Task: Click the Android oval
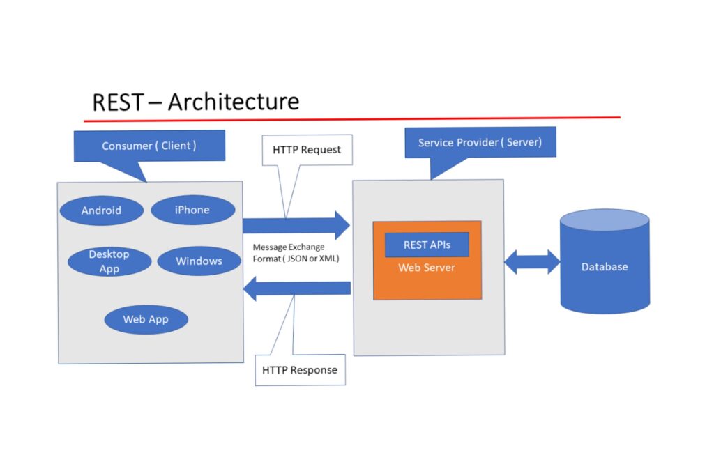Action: pyautogui.click(x=101, y=210)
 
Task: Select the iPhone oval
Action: pyautogui.click(x=192, y=210)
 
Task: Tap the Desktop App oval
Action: pyautogui.click(x=109, y=261)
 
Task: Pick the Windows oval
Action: pyautogui.click(x=199, y=261)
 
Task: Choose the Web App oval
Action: pyautogui.click(x=146, y=319)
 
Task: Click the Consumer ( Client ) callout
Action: pyautogui.click(x=149, y=146)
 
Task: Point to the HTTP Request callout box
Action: pyautogui.click(x=307, y=150)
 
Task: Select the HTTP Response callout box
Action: pyautogui.click(x=300, y=370)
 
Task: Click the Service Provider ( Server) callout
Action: pyautogui.click(x=480, y=143)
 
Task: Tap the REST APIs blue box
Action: pyautogui.click(x=427, y=245)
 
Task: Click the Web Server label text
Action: pyautogui.click(x=427, y=268)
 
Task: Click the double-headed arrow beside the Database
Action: pyautogui.click(x=532, y=262)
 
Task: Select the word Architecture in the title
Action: pyautogui.click(x=234, y=102)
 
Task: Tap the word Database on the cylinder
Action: pyautogui.click(x=605, y=267)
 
